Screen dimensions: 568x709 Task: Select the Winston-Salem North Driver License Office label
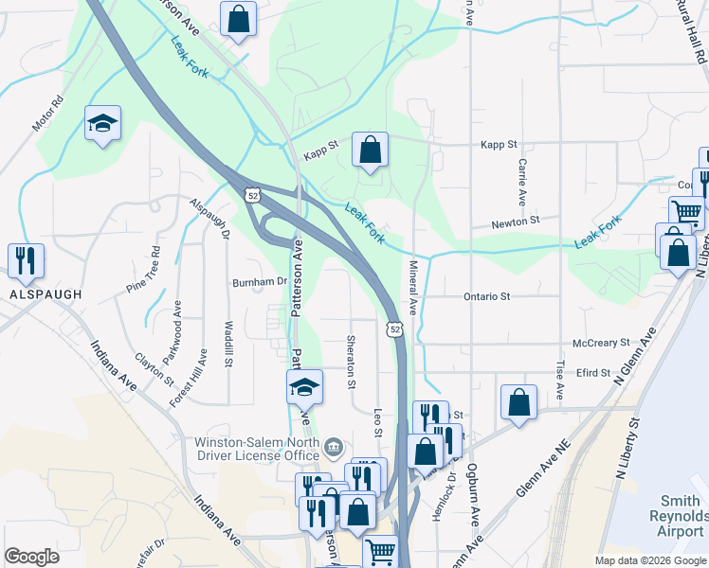[x=256, y=448]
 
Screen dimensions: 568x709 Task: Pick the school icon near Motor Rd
[x=102, y=123]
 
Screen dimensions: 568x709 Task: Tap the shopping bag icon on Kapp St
[x=370, y=149]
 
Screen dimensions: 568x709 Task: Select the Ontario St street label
[x=487, y=296]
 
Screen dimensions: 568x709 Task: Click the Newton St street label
[x=515, y=221]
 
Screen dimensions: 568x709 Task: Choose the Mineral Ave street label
[x=412, y=288]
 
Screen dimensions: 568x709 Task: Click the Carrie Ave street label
[x=522, y=182]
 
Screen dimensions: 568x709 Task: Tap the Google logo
[x=31, y=557]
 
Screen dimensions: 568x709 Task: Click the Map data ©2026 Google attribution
[x=650, y=560]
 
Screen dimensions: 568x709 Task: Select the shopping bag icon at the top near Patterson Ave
[x=238, y=17]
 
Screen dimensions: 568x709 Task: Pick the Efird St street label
[x=593, y=373]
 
